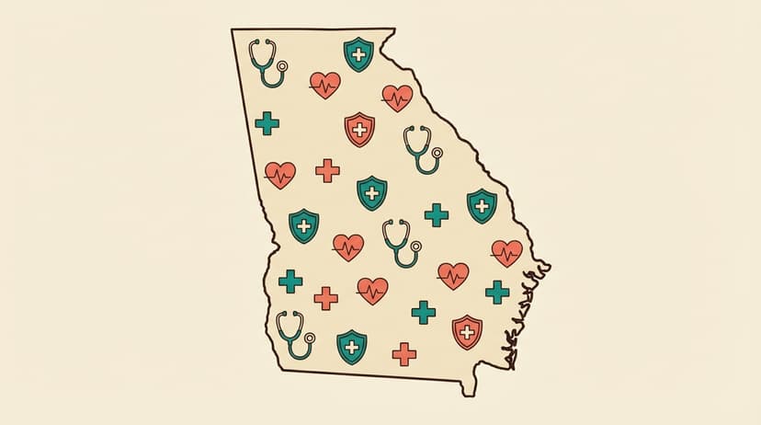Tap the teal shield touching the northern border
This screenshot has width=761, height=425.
pos(358,54)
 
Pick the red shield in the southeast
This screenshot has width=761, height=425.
pos(467,331)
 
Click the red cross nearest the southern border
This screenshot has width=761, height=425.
pos(403,353)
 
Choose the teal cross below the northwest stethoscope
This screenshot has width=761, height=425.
pos(267,123)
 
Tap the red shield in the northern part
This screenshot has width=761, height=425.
pos(359,129)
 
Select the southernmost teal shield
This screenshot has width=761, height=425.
pos(351,347)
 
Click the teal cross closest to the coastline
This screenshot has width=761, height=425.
pos(497,292)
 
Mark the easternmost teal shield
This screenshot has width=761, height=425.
pos(482,206)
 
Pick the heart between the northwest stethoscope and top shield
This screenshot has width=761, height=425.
pos(324,86)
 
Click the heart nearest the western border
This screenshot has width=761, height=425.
pos(280,174)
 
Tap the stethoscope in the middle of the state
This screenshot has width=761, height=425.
pos(400,242)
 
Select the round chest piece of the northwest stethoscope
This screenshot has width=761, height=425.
pos(282,67)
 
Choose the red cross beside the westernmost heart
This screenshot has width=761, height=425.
pos(327,170)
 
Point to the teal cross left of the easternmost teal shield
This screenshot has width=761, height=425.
pos(437,215)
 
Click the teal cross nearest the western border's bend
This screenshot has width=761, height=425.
pos(290,281)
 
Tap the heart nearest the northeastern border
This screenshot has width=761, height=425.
pos(397,97)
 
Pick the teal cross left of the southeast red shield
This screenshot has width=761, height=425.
pos(424,312)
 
